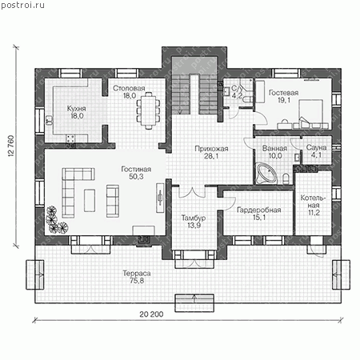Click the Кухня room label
[76, 112]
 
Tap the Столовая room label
[129, 92]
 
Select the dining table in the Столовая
[149, 110]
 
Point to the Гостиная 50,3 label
[136, 173]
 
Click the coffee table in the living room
[90, 201]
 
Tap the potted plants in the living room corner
[56, 220]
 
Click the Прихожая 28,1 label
[211, 152]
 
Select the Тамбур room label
[194, 222]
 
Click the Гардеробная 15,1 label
[259, 214]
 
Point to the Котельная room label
[314, 205]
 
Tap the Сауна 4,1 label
[316, 151]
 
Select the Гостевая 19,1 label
[283, 96]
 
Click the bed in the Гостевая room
[311, 112]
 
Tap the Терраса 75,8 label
[137, 277]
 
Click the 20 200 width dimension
[151, 314]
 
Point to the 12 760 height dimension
[11, 146]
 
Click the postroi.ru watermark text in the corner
[22, 5]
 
